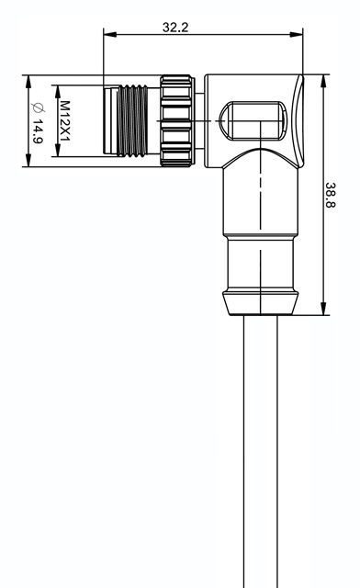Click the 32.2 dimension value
coord(175,28)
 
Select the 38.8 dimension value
coord(331,195)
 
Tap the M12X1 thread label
coord(65,120)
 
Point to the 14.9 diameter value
coord(38,131)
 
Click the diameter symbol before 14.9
coord(38,107)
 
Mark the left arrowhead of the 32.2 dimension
coord(109,35)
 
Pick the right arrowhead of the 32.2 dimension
coord(297,35)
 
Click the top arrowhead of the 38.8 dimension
coord(323,81)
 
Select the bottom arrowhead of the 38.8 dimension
coord(323,309)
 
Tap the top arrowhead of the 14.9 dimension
coord(28,82)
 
